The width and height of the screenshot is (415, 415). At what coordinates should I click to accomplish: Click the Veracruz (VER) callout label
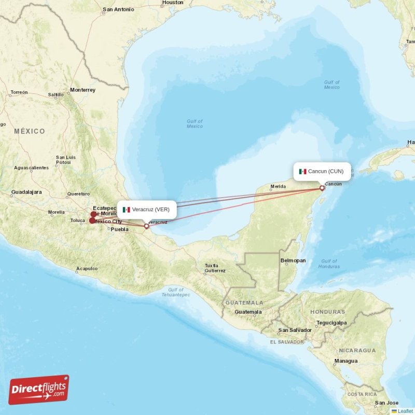147,210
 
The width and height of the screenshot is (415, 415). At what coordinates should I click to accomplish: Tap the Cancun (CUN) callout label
322,171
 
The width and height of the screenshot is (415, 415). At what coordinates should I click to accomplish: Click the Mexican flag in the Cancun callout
302,171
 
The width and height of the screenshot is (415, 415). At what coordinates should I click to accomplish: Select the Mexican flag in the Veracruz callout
126,210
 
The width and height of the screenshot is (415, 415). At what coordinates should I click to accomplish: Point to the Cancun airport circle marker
322,188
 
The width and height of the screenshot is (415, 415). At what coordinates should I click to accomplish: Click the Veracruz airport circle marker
146,226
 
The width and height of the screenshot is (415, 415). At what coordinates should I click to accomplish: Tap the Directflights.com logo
39,390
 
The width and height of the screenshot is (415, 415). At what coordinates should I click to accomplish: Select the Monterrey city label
83,90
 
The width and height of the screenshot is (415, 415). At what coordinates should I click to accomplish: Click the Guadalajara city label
26,192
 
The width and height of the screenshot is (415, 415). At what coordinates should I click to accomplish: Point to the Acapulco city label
86,269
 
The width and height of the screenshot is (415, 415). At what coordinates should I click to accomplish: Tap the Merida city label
278,186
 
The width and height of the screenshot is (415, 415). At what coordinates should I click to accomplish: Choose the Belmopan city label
293,260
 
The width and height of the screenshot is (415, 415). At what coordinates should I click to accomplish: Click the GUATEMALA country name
244,302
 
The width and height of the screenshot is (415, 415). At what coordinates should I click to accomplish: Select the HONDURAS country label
327,312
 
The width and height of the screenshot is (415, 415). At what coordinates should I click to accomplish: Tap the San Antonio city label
118,9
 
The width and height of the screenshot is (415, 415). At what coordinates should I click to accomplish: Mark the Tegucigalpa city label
331,322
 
